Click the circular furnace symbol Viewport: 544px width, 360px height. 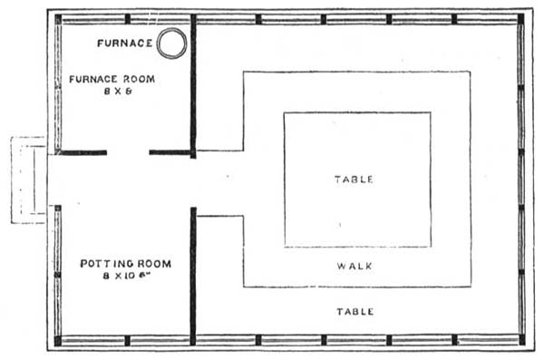172,42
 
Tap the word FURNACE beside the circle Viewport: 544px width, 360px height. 124,43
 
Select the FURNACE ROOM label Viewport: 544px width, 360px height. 112,79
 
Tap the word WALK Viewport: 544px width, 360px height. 355,267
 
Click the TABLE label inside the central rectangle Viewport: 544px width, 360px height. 355,180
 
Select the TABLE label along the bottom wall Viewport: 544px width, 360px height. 355,311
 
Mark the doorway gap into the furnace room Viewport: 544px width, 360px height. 128,152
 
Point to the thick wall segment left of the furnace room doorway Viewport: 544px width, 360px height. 82,152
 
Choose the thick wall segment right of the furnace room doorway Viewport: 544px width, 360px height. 170,152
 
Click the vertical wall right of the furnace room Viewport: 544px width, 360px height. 193,86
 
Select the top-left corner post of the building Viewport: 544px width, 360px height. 58,18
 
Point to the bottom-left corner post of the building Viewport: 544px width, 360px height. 58,341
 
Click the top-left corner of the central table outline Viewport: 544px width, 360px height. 285,113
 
